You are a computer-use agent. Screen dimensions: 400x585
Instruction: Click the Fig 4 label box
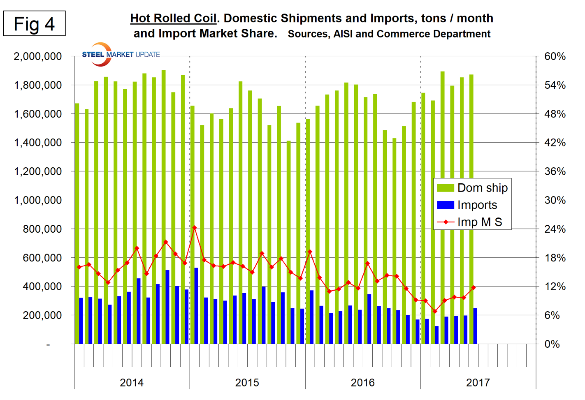[34, 24]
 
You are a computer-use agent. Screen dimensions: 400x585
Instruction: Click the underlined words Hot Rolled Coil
[173, 18]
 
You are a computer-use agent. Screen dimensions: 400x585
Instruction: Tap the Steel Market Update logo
[120, 55]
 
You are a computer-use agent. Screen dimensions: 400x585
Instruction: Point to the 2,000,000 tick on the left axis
[38, 56]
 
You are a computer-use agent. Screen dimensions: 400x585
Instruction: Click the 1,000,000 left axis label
[38, 200]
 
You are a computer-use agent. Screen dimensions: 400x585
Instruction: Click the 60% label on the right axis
[555, 56]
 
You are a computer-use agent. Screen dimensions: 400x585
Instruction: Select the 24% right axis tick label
[555, 229]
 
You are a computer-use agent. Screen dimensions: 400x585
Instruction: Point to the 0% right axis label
[552, 344]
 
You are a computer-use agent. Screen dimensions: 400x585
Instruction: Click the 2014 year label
[132, 383]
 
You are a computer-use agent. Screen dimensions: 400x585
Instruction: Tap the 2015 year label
[247, 383]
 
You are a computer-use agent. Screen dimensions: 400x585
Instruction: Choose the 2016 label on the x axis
[363, 383]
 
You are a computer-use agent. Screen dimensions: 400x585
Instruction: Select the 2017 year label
[478, 383]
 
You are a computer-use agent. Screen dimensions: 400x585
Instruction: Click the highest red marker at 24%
[195, 228]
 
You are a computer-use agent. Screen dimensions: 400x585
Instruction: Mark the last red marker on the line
[474, 288]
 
